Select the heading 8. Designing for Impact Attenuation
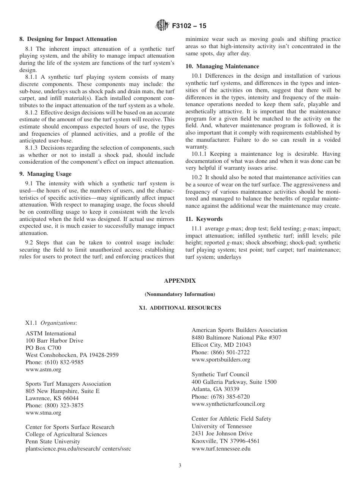68,39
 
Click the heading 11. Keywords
204,219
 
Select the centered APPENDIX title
180,281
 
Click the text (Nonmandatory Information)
180,294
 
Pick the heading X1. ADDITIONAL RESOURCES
180,308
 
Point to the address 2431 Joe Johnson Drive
222,433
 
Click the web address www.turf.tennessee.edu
221,449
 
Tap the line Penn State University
53,441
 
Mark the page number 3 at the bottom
180,466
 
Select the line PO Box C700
43,348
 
